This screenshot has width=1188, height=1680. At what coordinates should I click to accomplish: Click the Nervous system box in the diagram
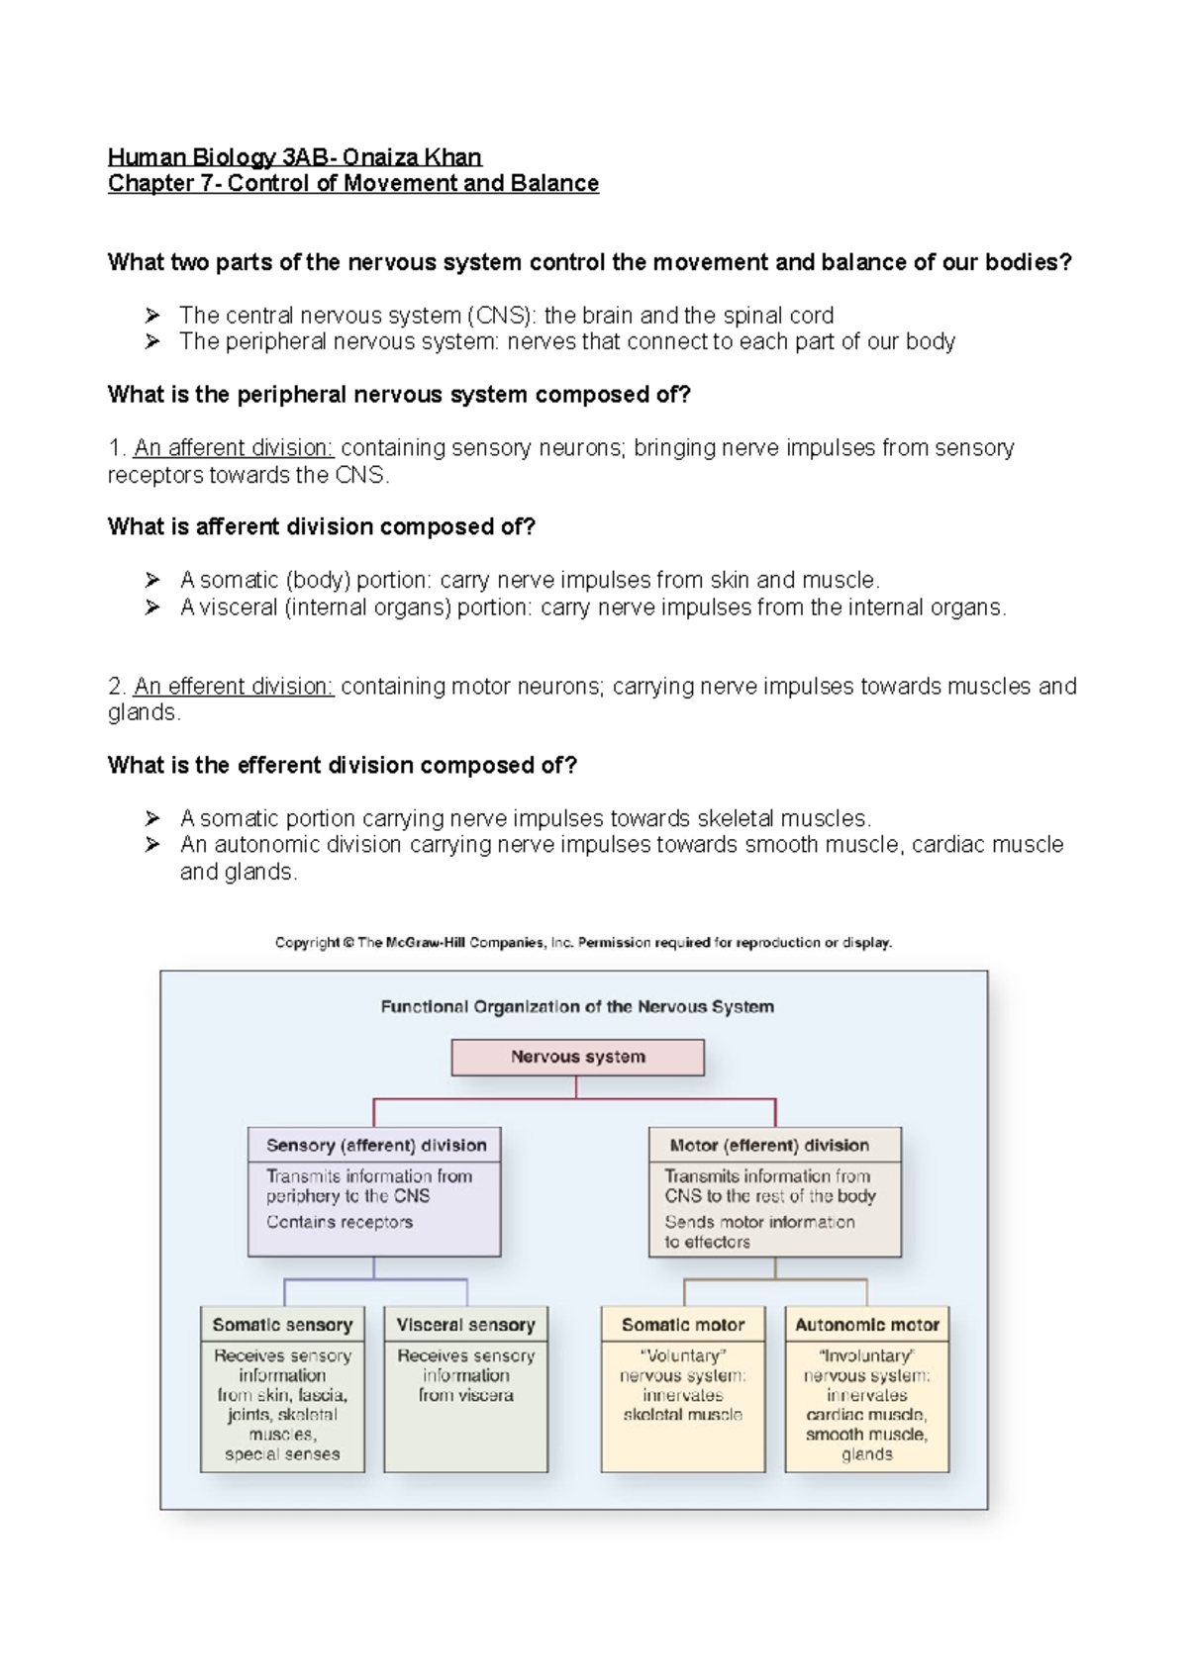pos(577,1057)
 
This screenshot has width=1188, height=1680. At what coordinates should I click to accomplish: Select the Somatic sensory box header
pos(282,1324)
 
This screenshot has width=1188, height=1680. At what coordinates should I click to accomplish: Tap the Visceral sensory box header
pos(465,1324)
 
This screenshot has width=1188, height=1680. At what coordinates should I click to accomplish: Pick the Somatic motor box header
pos(683,1324)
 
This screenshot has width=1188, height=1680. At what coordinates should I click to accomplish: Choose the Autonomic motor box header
pos(867,1324)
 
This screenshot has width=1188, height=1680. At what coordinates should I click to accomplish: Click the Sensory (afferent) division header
pos(375,1145)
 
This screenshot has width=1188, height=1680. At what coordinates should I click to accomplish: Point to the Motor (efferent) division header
pos(769,1145)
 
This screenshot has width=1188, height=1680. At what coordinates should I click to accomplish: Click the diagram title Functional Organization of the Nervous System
pos(577,1006)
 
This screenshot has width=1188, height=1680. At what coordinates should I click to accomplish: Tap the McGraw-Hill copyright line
pos(583,942)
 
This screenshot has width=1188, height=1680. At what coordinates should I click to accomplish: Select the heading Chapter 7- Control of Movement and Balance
pos(353,183)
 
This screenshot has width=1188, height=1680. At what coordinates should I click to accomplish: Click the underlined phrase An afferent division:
pos(234,448)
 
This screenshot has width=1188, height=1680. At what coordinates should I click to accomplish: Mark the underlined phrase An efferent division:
pos(234,686)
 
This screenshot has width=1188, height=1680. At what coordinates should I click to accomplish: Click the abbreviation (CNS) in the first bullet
pos(502,316)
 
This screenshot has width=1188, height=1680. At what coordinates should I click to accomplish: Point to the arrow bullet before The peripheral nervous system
pos(152,341)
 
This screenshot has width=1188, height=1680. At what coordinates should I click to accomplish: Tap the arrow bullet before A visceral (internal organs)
pos(152,607)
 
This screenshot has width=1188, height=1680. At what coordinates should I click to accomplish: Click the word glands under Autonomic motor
pos(867,1453)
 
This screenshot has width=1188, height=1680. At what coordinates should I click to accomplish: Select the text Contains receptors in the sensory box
pos(340,1222)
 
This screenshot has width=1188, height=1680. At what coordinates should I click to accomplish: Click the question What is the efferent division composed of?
pos(343,765)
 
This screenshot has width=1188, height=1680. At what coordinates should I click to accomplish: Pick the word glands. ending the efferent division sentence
pos(144,712)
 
